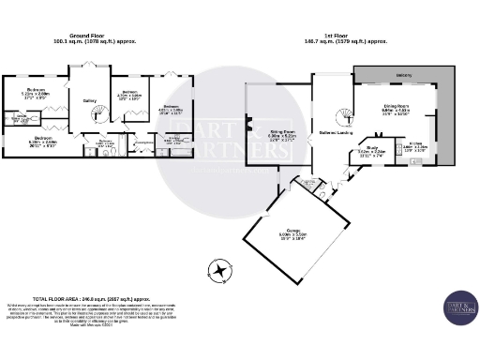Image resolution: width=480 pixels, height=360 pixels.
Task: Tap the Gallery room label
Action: coord(90,100)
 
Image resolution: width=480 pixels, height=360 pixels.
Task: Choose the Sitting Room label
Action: coord(282,134)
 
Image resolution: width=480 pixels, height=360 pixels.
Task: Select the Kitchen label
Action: coord(415,146)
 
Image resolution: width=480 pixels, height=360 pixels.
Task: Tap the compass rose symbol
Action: coord(220,271)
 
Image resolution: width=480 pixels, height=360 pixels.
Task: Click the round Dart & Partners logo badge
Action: coord(460,308)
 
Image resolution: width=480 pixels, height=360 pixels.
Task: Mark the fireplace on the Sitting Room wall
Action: coord(248,123)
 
